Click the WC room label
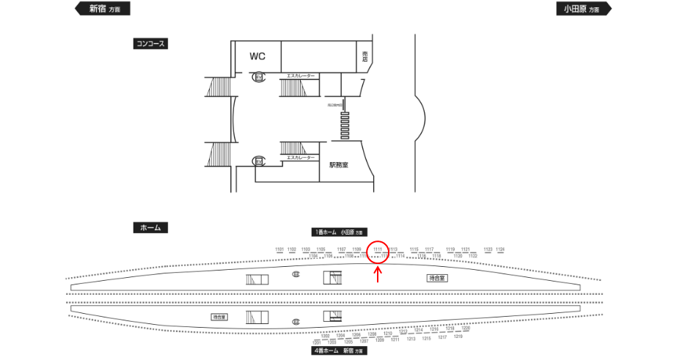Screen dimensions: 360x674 coord(257,56)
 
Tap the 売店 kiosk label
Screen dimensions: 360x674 coord(365,57)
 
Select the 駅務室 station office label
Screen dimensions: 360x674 coord(339,165)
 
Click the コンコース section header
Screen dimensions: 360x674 coord(151,44)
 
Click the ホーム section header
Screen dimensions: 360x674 coord(150,228)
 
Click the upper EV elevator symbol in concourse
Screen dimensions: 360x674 coord(258,76)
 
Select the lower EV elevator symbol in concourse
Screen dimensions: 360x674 coord(258,161)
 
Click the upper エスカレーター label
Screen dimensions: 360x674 coord(301,76)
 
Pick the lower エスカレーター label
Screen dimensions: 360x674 coord(301,158)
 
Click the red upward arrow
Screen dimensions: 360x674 coord(378,275)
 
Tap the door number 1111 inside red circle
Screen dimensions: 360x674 coord(378,250)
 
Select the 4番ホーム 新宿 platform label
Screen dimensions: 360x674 coord(338,351)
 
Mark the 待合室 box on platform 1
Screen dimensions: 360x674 coord(438,279)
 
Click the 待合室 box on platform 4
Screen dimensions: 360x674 coord(219,317)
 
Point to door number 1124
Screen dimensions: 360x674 coord(500,250)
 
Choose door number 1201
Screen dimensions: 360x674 coord(317,342)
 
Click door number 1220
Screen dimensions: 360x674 coord(466,329)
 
